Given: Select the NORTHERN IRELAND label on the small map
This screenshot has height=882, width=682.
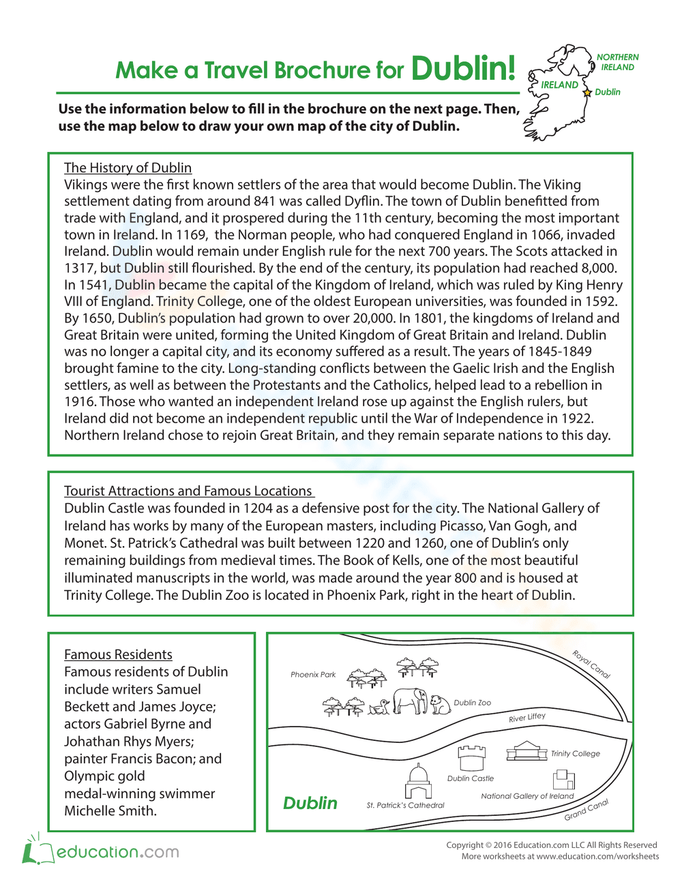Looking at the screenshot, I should click(617, 62).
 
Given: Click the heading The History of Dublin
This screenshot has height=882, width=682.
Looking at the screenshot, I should click(128, 168).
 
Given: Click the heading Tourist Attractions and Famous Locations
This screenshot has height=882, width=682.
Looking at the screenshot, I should click(188, 491).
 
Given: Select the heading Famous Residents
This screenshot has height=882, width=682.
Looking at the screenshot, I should click(118, 654).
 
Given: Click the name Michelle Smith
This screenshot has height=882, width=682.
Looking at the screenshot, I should click(109, 811).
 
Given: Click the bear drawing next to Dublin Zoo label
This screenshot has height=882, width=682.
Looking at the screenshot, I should click(441, 705).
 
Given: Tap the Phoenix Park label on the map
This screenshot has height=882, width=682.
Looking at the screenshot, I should click(313, 675).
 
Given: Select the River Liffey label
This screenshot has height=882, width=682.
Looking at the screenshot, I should click(527, 718).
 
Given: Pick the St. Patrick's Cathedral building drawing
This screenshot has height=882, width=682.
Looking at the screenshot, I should click(418, 782).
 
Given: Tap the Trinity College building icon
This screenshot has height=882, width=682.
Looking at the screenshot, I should click(527, 751).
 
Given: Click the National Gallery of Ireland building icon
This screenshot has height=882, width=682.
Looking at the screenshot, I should click(563, 779).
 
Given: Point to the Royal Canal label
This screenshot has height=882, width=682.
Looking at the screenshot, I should click(591, 665).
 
